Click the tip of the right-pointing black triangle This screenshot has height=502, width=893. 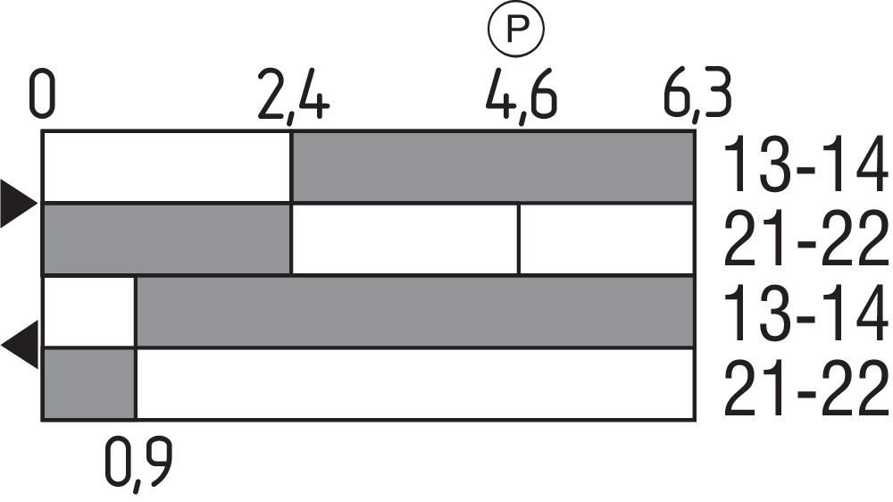click(x=38, y=204)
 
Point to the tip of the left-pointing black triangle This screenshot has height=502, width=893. click(x=1, y=345)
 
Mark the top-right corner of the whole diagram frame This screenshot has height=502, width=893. click(x=695, y=131)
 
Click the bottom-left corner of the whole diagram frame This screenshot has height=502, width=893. click(x=42, y=421)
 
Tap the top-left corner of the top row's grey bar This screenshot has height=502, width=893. click(x=292, y=133)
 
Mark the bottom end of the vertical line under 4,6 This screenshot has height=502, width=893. click(x=519, y=274)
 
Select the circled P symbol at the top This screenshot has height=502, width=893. click(x=516, y=29)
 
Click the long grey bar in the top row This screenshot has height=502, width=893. click(x=493, y=167)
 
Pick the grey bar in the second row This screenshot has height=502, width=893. click(x=167, y=239)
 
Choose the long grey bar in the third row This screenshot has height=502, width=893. click(x=415, y=312)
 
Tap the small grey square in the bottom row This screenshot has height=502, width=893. click(x=89, y=384)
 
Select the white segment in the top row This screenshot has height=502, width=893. click(x=167, y=167)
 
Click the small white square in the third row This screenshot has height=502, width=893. click(x=89, y=312)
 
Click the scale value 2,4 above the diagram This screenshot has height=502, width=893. click(x=294, y=96)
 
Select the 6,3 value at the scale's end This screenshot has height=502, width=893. click(x=697, y=96)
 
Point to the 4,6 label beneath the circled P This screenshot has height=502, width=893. click(x=522, y=96)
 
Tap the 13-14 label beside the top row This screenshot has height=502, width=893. click(x=805, y=164)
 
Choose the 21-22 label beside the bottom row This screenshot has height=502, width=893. click(x=805, y=388)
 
